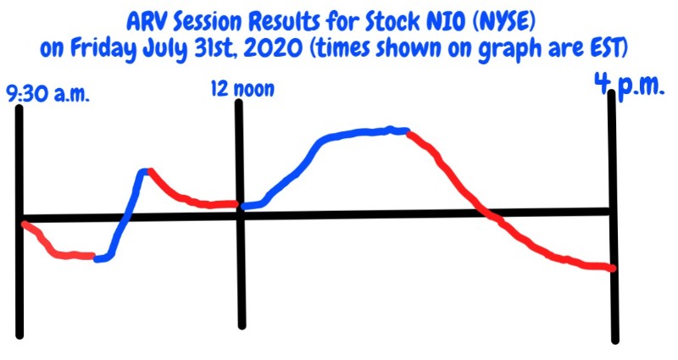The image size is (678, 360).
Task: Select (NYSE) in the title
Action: pos(504,24)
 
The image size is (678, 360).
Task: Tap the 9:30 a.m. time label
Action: pos(47,95)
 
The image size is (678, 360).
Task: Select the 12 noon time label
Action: pos(242,89)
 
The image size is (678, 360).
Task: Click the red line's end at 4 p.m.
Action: pos(612,269)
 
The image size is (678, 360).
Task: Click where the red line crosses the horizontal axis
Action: pos(483,213)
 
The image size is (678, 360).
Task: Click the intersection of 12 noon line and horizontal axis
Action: pos(240,215)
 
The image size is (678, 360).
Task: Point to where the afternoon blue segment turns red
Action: pos(408,132)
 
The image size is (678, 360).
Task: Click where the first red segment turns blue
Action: pos(95,258)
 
